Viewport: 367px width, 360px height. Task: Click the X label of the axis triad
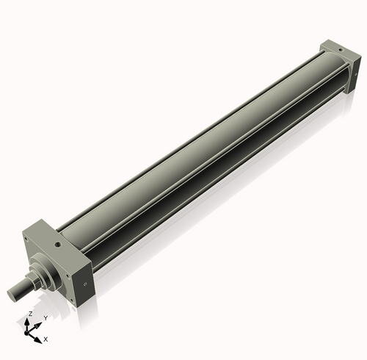pos(46,339)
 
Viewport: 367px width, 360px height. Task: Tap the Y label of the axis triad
pos(46,317)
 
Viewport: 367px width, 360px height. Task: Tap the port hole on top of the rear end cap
pos(339,48)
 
